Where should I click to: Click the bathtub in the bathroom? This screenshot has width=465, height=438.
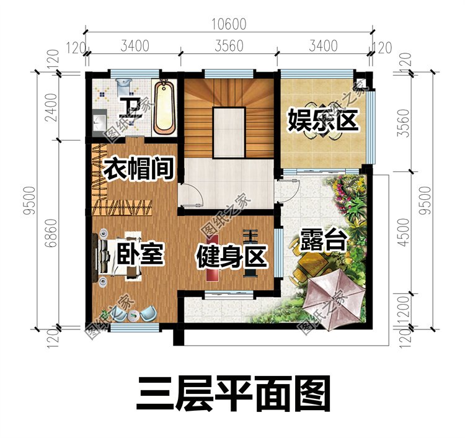[164, 107]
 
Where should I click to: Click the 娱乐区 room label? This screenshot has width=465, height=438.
[323, 120]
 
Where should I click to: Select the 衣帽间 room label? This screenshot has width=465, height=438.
[138, 169]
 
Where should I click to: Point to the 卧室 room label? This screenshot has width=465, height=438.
[140, 253]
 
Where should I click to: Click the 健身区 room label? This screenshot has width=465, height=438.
[232, 257]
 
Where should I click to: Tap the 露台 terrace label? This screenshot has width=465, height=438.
[323, 240]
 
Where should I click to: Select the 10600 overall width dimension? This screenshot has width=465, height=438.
[229, 24]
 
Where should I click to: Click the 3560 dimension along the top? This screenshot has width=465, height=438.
[229, 46]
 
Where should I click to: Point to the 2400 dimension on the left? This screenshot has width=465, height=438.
[51, 107]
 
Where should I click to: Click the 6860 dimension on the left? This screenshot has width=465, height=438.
[51, 233]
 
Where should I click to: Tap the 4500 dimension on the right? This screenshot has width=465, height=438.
[404, 233]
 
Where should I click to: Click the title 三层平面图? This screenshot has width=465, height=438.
[233, 394]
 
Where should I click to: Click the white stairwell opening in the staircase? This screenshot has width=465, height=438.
[229, 133]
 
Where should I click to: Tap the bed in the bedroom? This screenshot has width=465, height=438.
[117, 256]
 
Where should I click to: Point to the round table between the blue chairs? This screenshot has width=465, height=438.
[134, 316]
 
